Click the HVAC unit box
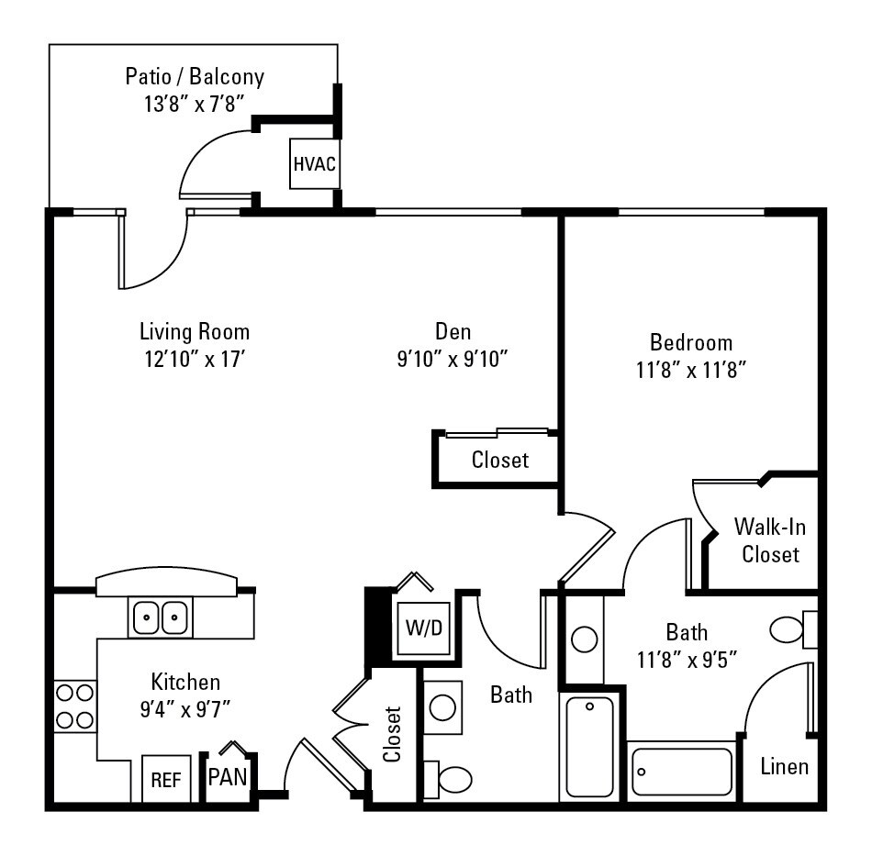pos(314,164)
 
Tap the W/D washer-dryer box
pos(424,628)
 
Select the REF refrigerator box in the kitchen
pos(166,779)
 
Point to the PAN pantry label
pos(227,777)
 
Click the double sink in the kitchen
pos(161,618)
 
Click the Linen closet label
pos(785,766)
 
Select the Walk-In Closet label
pos(770,540)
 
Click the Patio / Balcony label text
pos(195,75)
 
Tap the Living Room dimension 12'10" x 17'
pos(195,358)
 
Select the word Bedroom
pos(691,343)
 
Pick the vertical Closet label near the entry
pos(392,734)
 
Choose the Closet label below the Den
pos(500,460)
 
